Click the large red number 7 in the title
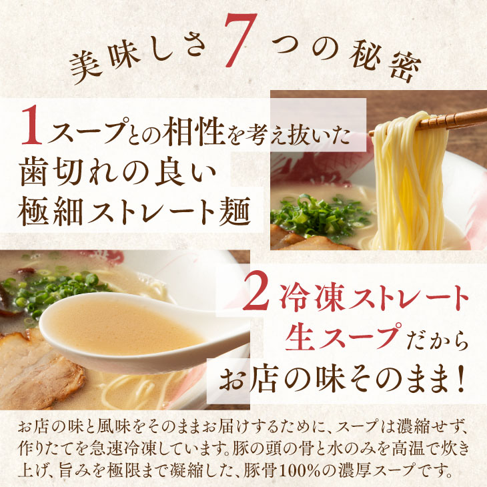pyautogui.click(x=239, y=41)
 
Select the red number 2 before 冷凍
pyautogui.click(x=256, y=294)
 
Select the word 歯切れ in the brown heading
pyautogui.click(x=66, y=171)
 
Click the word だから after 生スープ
pyautogui.click(x=437, y=341)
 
